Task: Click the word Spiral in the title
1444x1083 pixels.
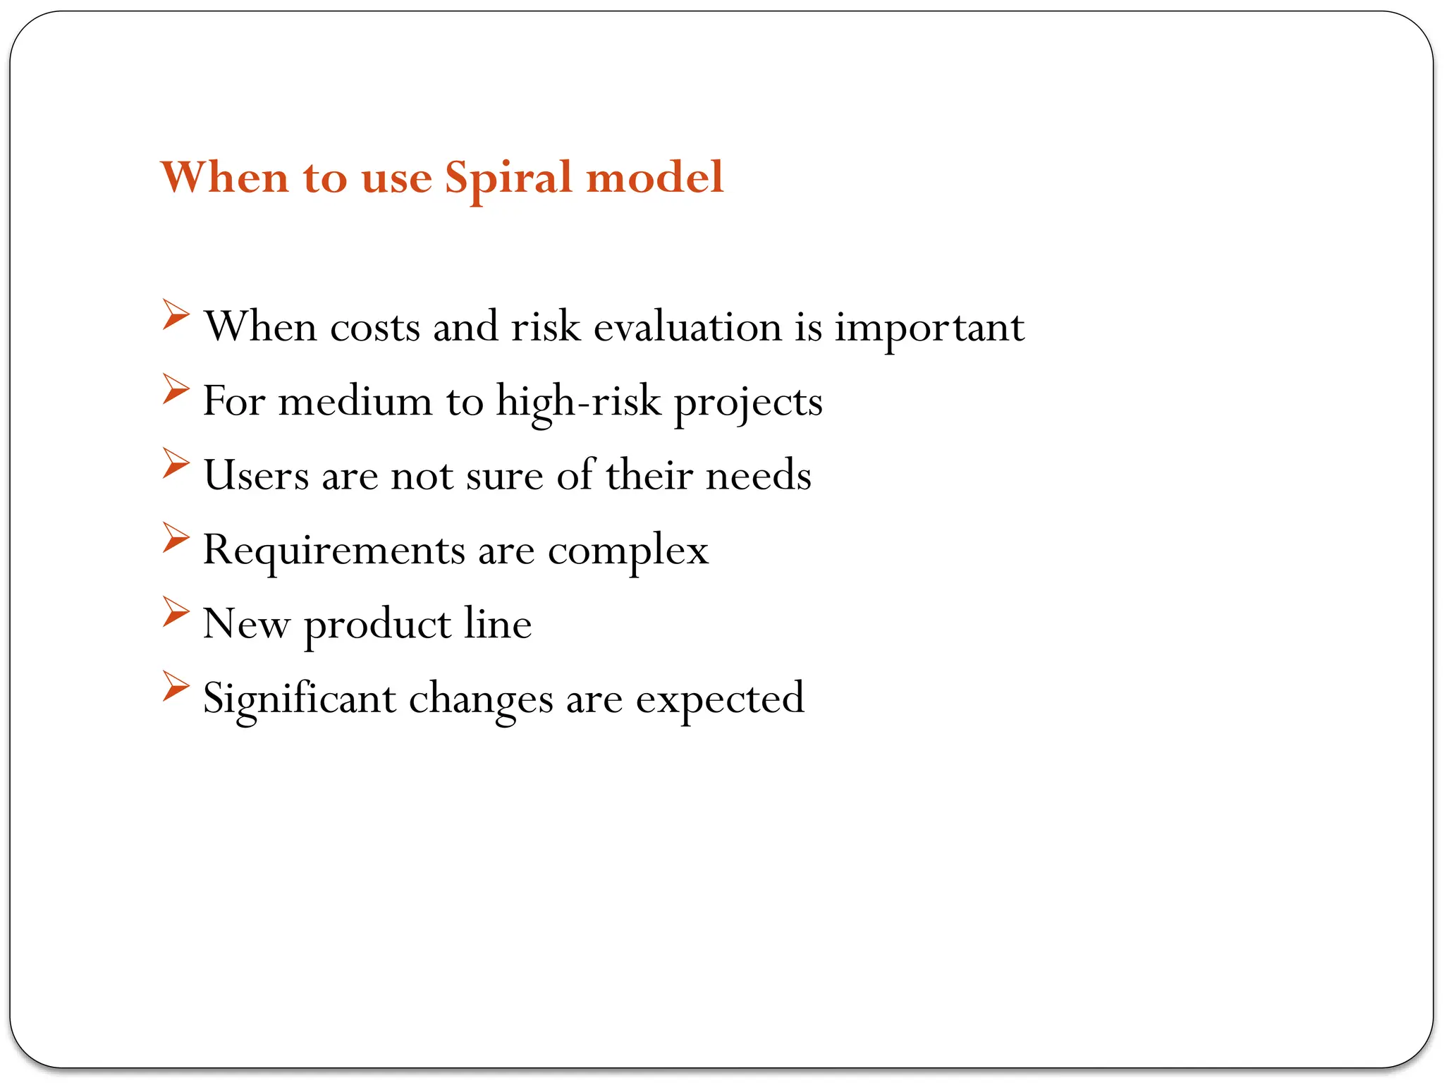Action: tap(508, 178)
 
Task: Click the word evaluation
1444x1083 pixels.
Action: tap(687, 327)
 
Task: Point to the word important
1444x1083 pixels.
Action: tap(929, 329)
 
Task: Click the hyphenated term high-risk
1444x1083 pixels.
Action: tap(579, 402)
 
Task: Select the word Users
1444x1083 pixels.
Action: tap(256, 475)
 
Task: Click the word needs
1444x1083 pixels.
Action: tap(758, 475)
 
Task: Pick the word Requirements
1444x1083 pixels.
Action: tap(334, 551)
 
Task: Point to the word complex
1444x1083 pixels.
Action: tap(628, 551)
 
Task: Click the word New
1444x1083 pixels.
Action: tap(246, 625)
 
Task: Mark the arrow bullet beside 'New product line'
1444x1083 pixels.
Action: tap(176, 611)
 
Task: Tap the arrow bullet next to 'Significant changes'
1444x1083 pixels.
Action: tap(176, 686)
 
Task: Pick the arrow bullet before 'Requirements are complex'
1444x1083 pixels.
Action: tap(176, 537)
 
